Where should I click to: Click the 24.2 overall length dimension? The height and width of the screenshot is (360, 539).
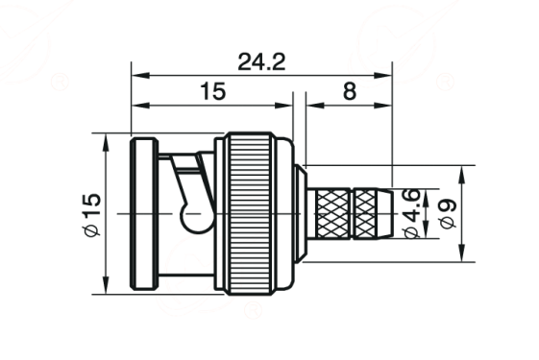261,62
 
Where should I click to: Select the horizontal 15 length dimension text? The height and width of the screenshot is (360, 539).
212,91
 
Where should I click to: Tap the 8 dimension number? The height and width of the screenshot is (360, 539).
350,91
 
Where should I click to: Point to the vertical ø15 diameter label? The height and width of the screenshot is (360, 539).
92,215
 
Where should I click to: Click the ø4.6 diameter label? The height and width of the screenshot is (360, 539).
412,213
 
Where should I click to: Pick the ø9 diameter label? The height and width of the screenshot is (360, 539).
448,213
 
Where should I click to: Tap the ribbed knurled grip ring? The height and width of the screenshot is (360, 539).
251,213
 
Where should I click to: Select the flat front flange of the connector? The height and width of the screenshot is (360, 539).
144,214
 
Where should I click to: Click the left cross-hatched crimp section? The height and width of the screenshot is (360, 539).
332,213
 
